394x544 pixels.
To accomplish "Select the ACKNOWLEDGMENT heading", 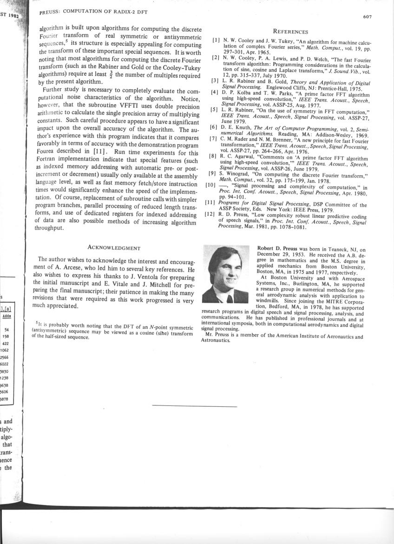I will coord(114,248).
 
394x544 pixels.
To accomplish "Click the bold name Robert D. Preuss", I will coord(278,249).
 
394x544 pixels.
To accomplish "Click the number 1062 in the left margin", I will coord(6,350).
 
